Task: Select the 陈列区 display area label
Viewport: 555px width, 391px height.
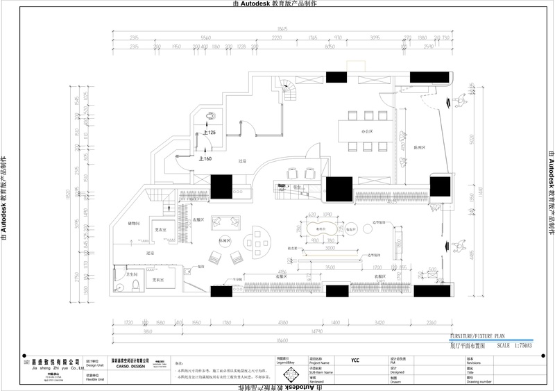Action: [x=418, y=148]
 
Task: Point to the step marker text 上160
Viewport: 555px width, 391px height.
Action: [x=205, y=158]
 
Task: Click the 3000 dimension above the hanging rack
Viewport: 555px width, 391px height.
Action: [x=330, y=247]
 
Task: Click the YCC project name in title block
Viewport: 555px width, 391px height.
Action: [x=355, y=361]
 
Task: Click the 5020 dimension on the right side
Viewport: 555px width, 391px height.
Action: [x=470, y=138]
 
